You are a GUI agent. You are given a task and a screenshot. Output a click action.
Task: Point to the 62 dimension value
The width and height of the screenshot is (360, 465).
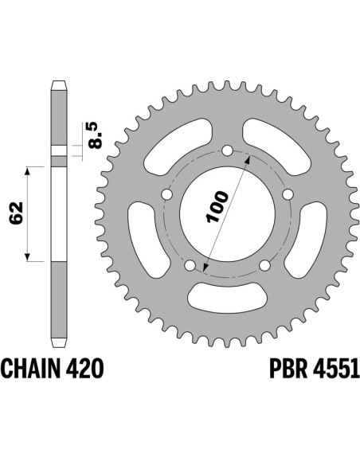coord(11,213)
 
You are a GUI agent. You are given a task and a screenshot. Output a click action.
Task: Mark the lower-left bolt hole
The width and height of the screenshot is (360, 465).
coord(190,266)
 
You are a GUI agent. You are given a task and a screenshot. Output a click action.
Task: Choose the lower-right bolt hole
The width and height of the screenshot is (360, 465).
coord(264,266)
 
